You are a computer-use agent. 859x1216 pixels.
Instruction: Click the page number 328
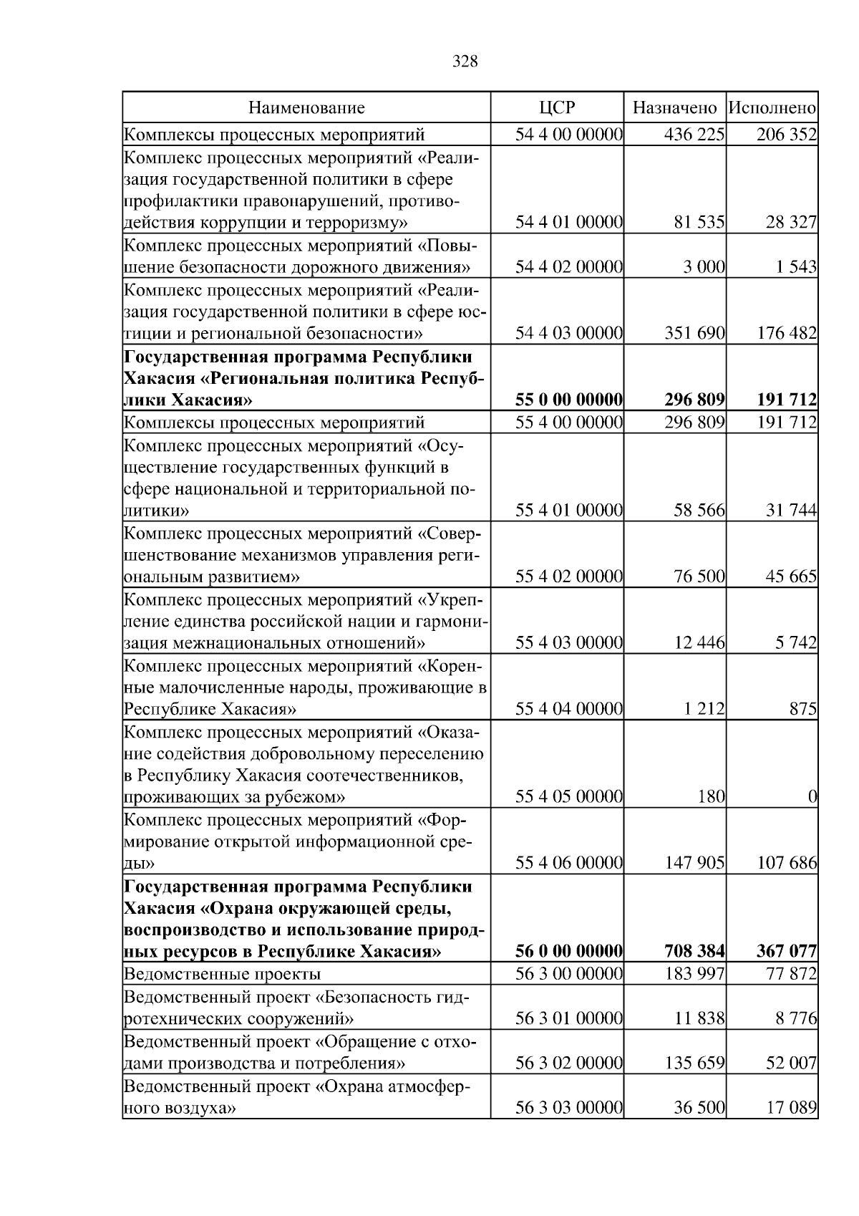point(465,62)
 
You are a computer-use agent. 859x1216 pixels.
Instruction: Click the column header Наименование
point(306,108)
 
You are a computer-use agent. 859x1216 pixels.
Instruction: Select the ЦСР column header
point(557,108)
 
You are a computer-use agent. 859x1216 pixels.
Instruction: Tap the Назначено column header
point(675,108)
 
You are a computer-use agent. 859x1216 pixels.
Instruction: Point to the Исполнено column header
point(772,108)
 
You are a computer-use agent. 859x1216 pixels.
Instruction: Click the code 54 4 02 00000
point(569,267)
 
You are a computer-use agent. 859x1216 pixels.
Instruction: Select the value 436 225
point(694,135)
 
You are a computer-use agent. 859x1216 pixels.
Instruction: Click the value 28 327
point(791,223)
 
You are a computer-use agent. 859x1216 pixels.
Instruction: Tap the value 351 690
point(694,333)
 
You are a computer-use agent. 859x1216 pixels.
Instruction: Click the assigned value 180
point(711,796)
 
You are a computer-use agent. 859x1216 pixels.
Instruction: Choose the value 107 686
point(787,863)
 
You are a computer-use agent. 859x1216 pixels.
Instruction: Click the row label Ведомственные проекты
point(222,974)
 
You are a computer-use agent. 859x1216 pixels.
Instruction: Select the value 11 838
point(699,1018)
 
